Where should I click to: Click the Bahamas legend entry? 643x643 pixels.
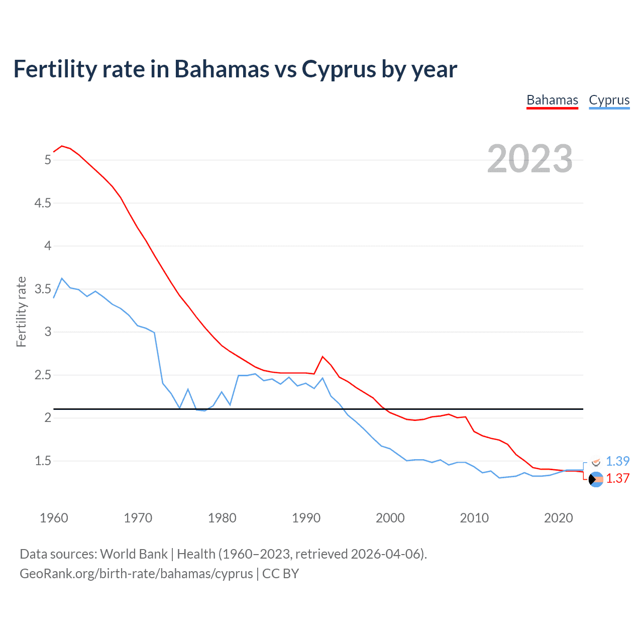tap(552, 100)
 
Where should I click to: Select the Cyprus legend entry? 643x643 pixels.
tap(609, 100)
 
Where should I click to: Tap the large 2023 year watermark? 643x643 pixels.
tap(529, 159)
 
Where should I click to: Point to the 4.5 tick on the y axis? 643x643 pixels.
tap(43, 203)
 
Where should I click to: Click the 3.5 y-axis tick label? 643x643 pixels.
tap(43, 289)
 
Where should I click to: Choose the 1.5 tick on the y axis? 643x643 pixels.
tap(43, 461)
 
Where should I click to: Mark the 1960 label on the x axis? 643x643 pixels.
tap(54, 518)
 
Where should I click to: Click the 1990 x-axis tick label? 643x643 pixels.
tap(306, 518)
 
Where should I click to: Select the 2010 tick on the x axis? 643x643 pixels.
tap(474, 518)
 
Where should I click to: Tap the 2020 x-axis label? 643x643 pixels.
tap(558, 518)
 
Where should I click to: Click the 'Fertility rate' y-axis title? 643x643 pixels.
tap(21, 311)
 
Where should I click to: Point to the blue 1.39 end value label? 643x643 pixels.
tap(617, 461)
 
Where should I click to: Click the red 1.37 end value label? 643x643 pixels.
tap(617, 478)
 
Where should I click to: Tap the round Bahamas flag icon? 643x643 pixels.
tap(596, 480)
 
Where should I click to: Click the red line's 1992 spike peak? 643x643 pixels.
tap(323, 357)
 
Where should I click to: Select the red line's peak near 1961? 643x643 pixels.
tap(62, 146)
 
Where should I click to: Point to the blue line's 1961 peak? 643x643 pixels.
tap(62, 278)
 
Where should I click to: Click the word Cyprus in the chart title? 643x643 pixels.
tap(339, 69)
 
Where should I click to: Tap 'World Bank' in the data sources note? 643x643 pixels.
tap(134, 554)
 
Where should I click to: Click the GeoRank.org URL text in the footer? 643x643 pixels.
tap(136, 573)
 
